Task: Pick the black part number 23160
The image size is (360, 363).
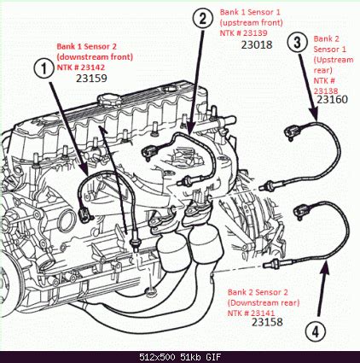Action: pyautogui.click(x=331, y=100)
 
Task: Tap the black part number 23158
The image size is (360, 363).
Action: pyautogui.click(x=267, y=322)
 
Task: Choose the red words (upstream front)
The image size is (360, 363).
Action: pyautogui.click(x=253, y=23)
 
